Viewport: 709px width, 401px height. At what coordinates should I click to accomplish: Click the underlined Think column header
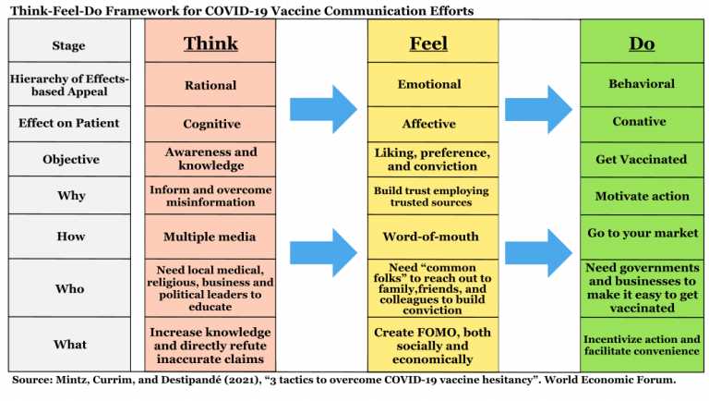(x=210, y=43)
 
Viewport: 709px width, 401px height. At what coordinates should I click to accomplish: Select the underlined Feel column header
(x=428, y=43)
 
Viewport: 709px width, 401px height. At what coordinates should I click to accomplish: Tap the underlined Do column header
(x=642, y=43)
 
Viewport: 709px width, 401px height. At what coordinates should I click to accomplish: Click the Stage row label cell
(x=69, y=42)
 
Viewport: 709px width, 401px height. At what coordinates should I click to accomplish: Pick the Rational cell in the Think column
(x=210, y=85)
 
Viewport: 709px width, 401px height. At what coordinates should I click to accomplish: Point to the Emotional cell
(x=433, y=85)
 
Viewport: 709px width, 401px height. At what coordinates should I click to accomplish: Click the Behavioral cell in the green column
(x=643, y=85)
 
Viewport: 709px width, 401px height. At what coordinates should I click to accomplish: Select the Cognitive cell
(x=210, y=124)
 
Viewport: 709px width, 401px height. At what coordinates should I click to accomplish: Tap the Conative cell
(x=643, y=124)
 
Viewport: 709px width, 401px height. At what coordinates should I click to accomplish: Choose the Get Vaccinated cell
(x=643, y=159)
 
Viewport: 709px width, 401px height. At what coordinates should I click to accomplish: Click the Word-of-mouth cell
(x=433, y=237)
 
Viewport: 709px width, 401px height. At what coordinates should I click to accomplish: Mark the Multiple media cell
(x=210, y=237)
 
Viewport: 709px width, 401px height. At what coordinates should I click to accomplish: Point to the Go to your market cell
(x=643, y=237)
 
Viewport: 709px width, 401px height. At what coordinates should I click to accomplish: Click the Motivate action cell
(x=643, y=196)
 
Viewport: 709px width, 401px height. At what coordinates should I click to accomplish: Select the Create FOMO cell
(x=433, y=345)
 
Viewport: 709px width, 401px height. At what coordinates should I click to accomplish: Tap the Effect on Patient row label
(x=69, y=124)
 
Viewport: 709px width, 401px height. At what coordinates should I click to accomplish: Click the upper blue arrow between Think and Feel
(x=323, y=109)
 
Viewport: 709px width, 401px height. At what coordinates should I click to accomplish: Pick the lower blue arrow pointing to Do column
(x=538, y=252)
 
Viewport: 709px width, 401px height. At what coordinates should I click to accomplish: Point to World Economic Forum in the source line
(x=609, y=380)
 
